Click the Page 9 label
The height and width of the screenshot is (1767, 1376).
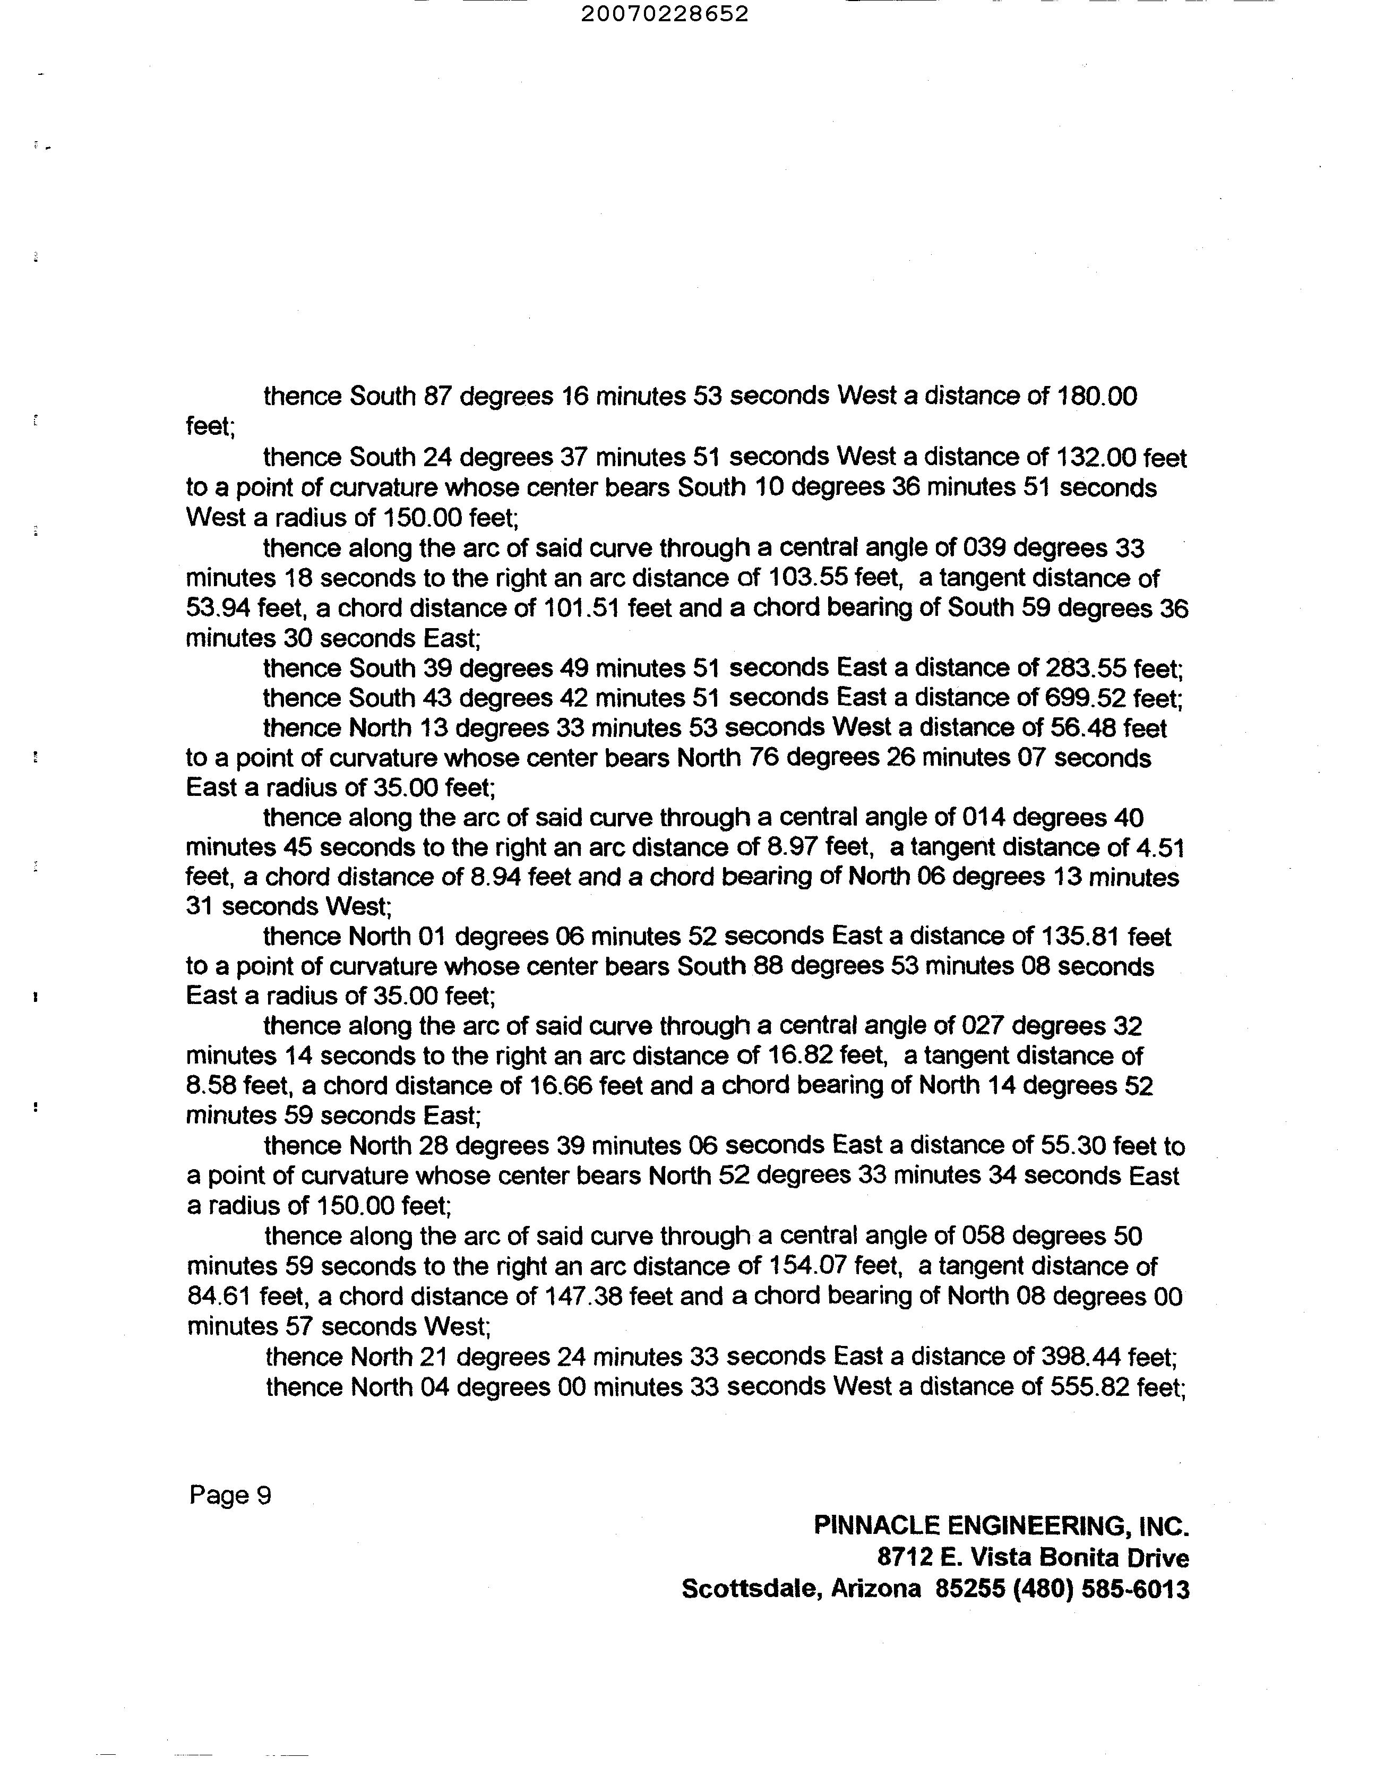pyautogui.click(x=230, y=1495)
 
